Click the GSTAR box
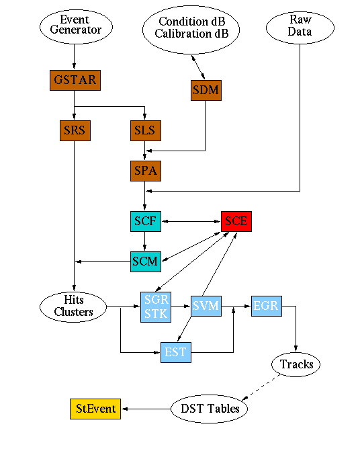click(x=75, y=80)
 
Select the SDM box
click(x=206, y=90)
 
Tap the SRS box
click(x=75, y=130)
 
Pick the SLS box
click(x=146, y=130)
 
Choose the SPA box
click(x=146, y=171)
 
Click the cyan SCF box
click(x=146, y=221)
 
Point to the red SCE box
click(x=236, y=221)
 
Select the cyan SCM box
click(x=146, y=261)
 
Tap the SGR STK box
click(x=156, y=307)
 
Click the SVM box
click(x=206, y=306)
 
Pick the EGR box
click(x=267, y=306)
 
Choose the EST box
click(x=176, y=352)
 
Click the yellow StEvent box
click(x=95, y=409)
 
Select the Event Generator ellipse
click(x=76, y=27)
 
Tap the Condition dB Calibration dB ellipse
click(x=191, y=30)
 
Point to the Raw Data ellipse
click(x=300, y=28)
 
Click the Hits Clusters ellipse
click(x=73, y=307)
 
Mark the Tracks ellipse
click(x=296, y=364)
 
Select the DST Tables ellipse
click(x=209, y=409)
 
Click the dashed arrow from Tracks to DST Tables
click(x=261, y=387)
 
